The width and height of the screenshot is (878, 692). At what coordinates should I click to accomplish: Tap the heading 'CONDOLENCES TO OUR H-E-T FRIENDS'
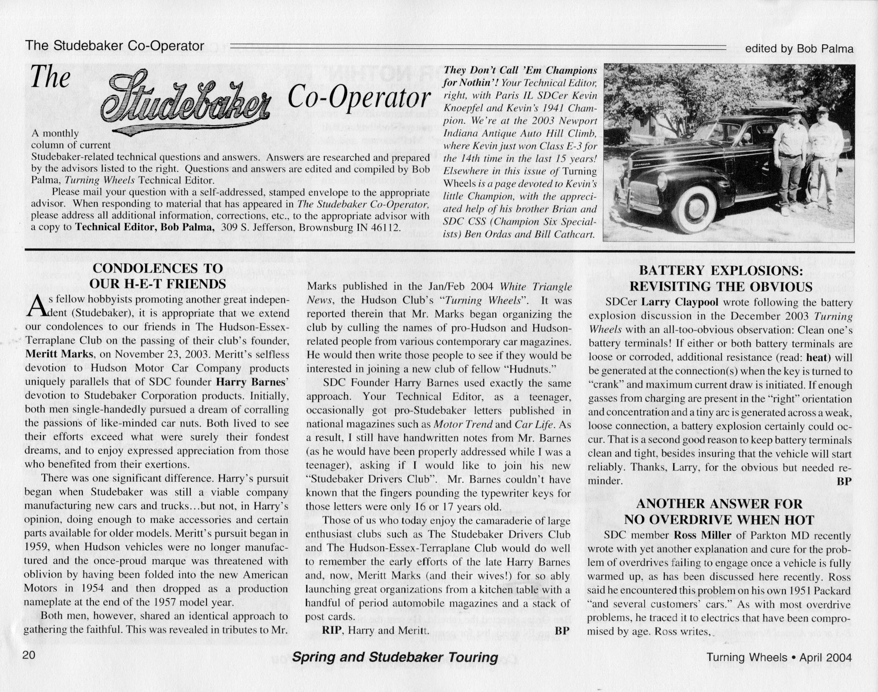coord(158,276)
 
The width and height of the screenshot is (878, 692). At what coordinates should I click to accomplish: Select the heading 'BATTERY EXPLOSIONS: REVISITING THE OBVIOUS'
coord(720,278)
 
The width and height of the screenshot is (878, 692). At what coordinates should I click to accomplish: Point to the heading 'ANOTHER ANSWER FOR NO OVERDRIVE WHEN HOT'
coord(719,512)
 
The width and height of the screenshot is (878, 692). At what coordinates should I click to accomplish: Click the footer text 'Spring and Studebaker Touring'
coord(395,658)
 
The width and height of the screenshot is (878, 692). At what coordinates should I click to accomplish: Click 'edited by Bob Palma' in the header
coord(799,49)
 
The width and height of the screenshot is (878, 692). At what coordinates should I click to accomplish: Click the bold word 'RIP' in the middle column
coord(333,630)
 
